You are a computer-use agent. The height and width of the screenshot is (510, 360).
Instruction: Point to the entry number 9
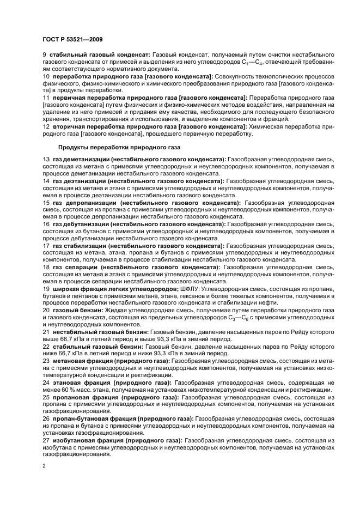45,56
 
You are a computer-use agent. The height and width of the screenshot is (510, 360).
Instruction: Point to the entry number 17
46,246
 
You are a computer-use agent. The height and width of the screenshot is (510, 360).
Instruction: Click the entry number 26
46,418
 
